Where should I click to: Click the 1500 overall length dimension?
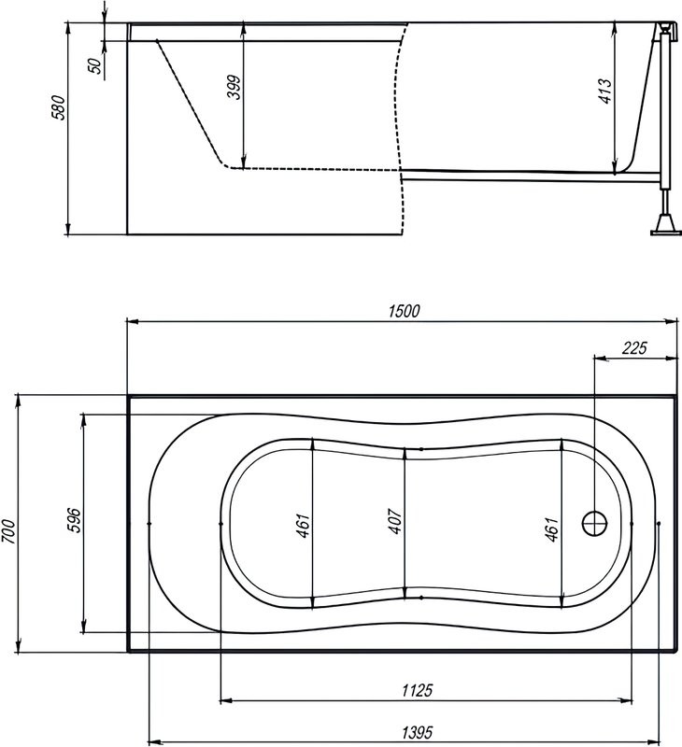[x=405, y=311]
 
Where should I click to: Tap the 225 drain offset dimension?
[x=634, y=348]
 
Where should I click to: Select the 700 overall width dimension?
[x=9, y=531]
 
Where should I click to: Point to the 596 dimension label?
[x=74, y=520]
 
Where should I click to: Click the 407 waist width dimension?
[x=395, y=521]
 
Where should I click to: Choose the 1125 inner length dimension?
[x=418, y=690]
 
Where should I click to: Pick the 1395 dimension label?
[x=418, y=731]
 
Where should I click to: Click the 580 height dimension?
[x=59, y=107]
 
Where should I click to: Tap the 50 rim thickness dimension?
[x=96, y=65]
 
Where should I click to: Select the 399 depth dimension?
[x=234, y=87]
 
